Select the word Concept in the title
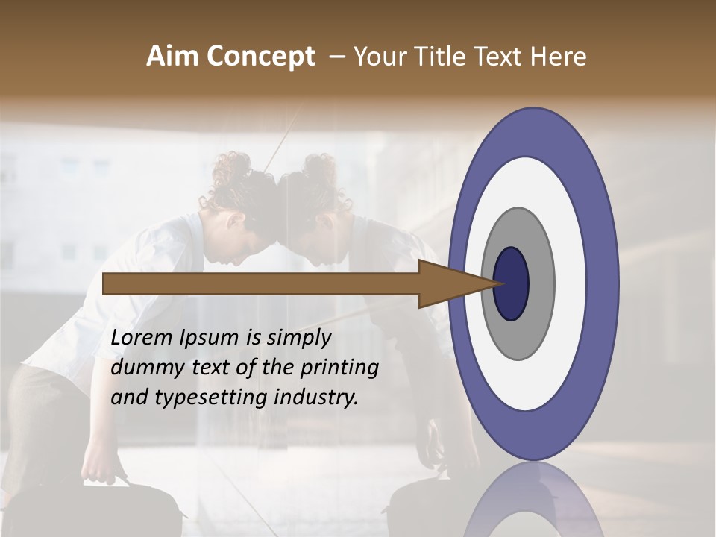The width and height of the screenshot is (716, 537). [x=261, y=57]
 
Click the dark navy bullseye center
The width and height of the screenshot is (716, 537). [x=511, y=283]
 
